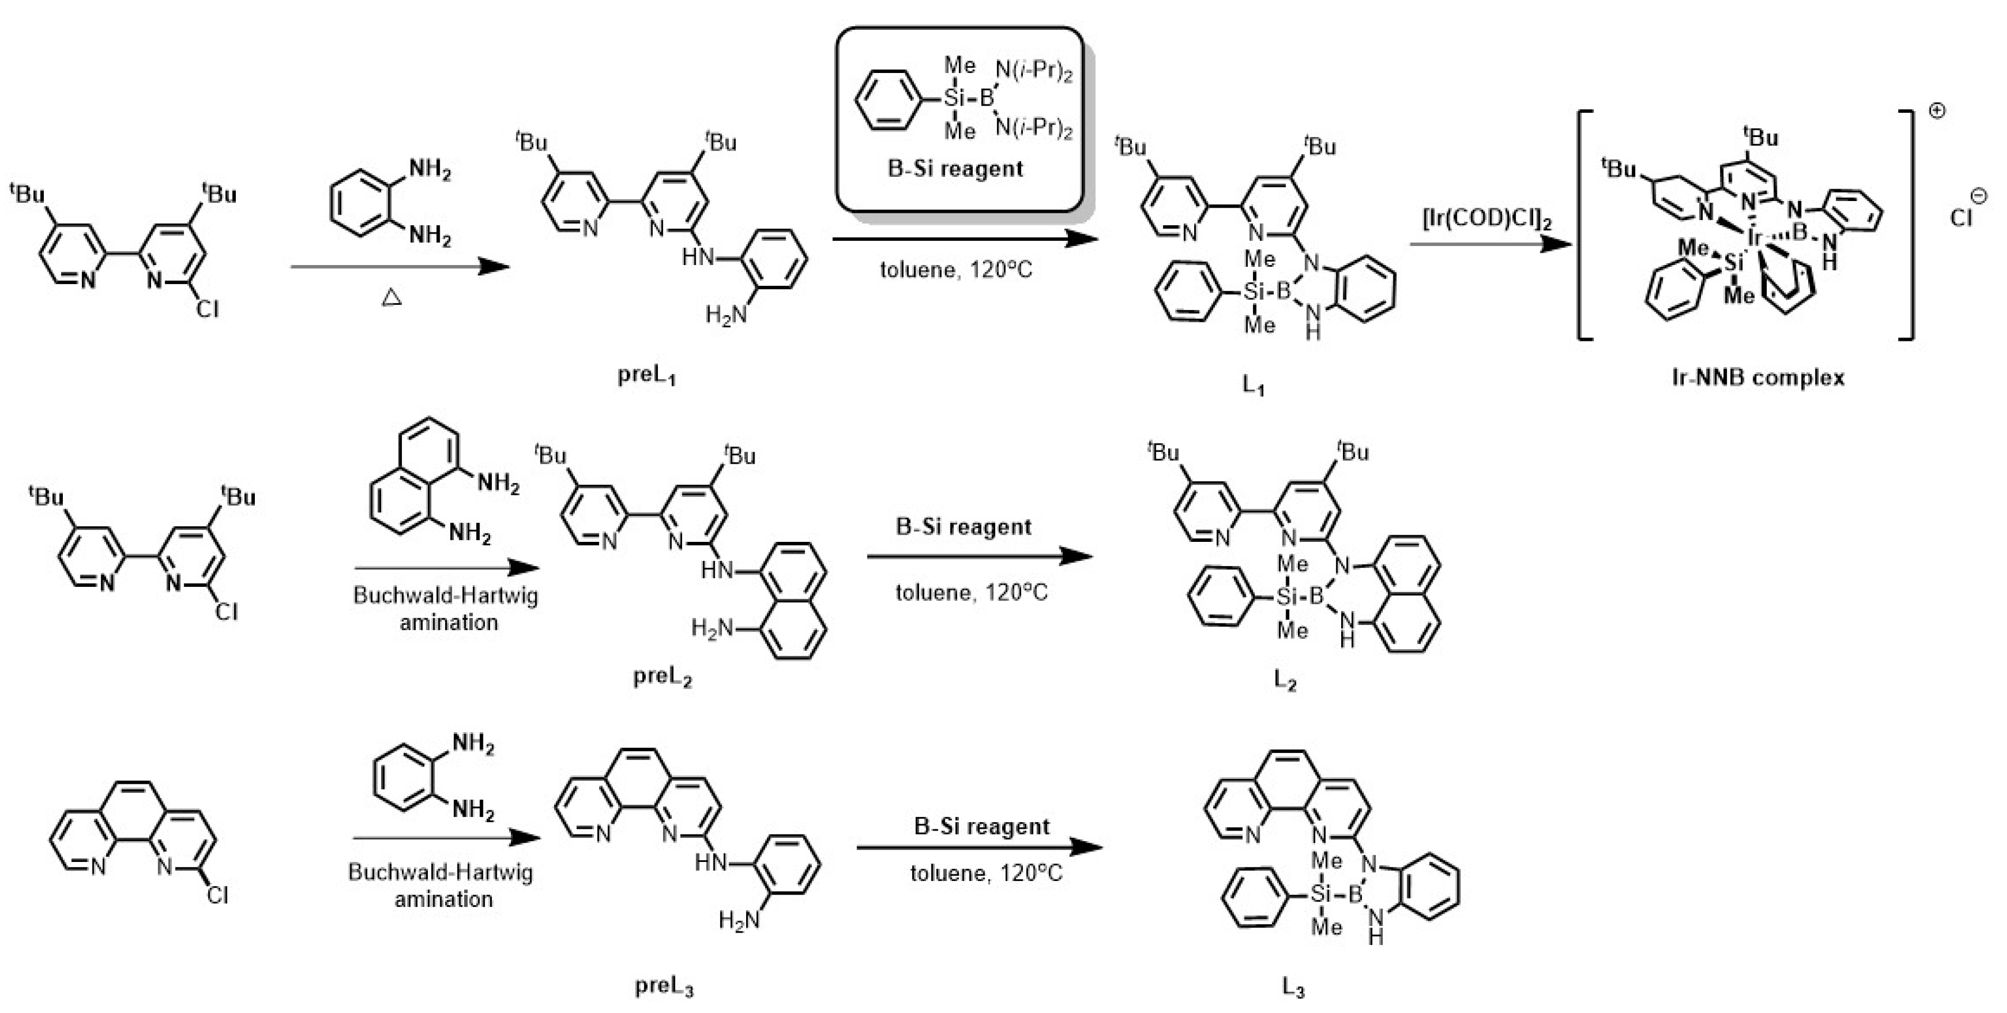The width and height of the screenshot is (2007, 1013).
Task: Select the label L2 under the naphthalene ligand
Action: (1284, 679)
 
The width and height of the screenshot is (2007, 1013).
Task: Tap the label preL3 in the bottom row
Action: (664, 987)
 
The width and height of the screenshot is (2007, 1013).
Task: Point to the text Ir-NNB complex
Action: (1758, 378)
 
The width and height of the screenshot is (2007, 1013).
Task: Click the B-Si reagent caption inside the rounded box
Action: (955, 168)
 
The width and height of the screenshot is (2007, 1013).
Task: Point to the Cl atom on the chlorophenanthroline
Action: (217, 895)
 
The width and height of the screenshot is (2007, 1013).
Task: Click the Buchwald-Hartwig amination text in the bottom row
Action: (441, 885)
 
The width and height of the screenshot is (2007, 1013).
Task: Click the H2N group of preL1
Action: (726, 315)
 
